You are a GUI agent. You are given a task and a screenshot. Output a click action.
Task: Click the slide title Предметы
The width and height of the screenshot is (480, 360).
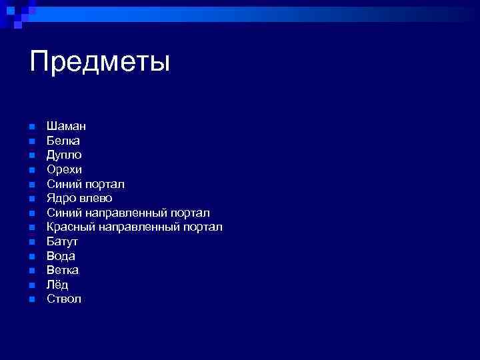pyautogui.click(x=100, y=62)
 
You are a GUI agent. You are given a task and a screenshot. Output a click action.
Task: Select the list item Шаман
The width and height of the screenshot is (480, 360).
pyautogui.click(x=66, y=126)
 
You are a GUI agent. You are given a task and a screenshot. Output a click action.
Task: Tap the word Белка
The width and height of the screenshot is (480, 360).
pyautogui.click(x=63, y=141)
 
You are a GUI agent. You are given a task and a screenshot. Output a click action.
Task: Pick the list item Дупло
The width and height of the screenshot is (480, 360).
pyautogui.click(x=65, y=155)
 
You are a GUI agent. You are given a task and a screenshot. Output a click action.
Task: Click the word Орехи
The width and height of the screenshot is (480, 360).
pyautogui.click(x=64, y=169)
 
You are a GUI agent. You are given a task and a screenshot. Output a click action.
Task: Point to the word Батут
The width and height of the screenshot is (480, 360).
pyautogui.click(x=62, y=241)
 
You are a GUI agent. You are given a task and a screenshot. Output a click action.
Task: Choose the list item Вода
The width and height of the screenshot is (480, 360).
pyautogui.click(x=61, y=256)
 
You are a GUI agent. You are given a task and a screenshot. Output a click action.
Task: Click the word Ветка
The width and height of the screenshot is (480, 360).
pyautogui.click(x=63, y=270)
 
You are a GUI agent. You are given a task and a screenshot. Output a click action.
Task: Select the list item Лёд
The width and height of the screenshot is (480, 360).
pyautogui.click(x=57, y=285)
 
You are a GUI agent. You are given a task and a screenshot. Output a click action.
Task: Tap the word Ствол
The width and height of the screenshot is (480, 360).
pyautogui.click(x=64, y=299)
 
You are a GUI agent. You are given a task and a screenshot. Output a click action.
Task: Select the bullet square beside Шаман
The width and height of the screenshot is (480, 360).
pyautogui.click(x=31, y=127)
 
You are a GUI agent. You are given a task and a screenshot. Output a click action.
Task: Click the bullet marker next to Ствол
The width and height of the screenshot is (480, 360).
pyautogui.click(x=31, y=299)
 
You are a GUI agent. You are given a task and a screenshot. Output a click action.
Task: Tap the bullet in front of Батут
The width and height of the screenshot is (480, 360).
pyautogui.click(x=31, y=242)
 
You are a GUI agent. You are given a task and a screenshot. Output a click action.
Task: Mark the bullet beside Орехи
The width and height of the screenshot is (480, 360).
pyautogui.click(x=31, y=170)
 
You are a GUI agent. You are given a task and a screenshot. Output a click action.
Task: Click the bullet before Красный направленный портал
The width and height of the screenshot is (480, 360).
pyautogui.click(x=31, y=227)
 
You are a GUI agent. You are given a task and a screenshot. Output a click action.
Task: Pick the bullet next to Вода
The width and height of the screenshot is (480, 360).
pyautogui.click(x=31, y=256)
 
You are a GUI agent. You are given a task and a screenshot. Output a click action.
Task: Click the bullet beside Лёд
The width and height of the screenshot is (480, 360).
pyautogui.click(x=31, y=285)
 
